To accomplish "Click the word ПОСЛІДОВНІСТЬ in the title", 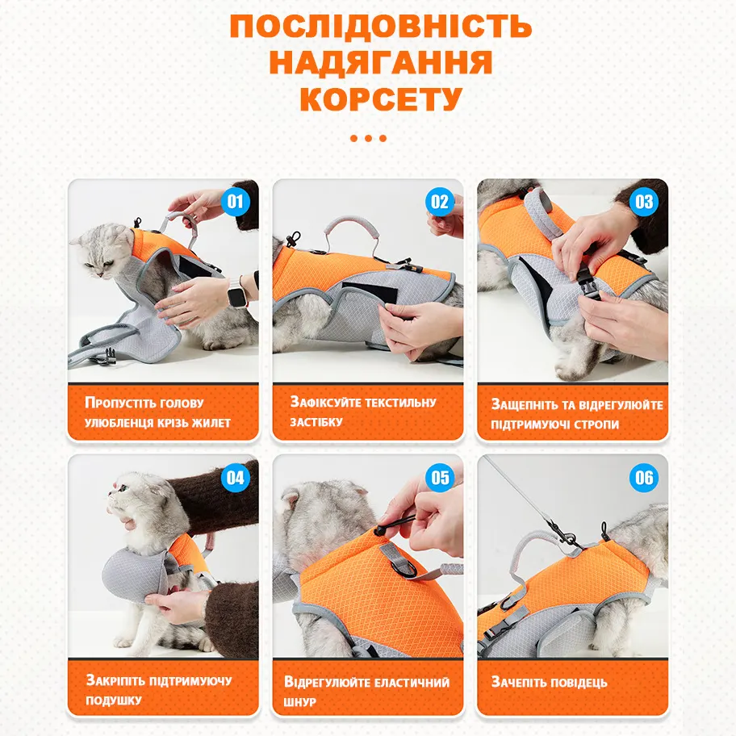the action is click(381, 27).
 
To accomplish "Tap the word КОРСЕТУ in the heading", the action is click(381, 98).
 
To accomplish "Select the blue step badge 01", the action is click(235, 202).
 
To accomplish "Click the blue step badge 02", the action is click(440, 202).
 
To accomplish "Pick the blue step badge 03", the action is click(644, 202).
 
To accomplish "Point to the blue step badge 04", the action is click(235, 478).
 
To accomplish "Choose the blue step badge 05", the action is click(440, 478).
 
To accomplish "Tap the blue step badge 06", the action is click(644, 478).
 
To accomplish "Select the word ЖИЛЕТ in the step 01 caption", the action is click(211, 423).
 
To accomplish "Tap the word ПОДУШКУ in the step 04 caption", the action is click(114, 700).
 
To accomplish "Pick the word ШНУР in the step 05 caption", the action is click(299, 702).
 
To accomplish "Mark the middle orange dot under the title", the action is click(369, 139).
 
